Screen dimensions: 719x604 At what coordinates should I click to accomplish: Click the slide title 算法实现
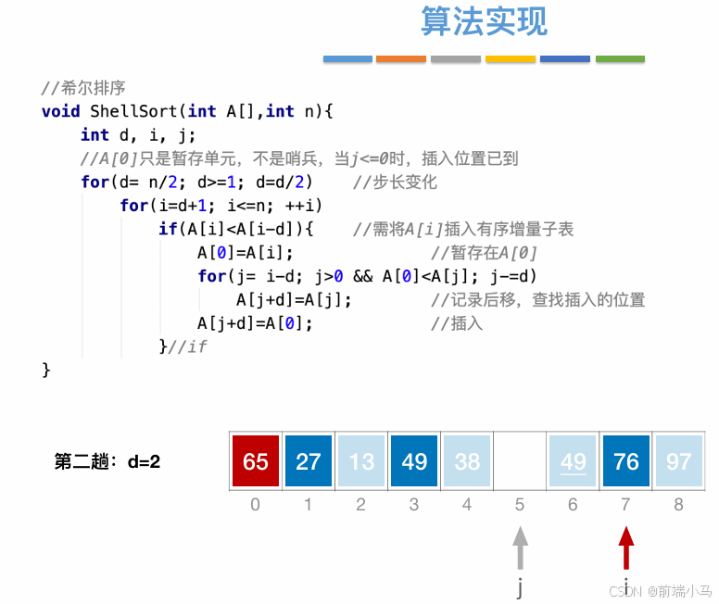coord(484,21)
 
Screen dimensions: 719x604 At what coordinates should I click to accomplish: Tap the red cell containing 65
coord(256,461)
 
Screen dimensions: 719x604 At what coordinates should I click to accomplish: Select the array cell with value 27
coord(309,461)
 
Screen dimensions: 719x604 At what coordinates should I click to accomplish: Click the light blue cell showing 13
coord(361,461)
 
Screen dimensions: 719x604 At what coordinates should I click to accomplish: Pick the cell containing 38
coord(467,461)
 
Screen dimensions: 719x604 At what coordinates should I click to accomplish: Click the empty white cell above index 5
coord(520,461)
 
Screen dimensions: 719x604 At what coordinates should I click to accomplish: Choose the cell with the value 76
coord(626,461)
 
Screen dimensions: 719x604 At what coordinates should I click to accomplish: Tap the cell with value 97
coord(679,461)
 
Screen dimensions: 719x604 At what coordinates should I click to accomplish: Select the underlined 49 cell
coord(574,461)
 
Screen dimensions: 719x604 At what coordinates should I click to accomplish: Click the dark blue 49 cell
coord(414,461)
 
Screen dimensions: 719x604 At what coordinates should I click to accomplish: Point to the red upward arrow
coord(627,547)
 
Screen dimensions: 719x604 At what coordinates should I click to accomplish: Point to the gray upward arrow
coord(521,547)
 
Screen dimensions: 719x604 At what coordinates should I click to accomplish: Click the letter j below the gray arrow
coord(521,587)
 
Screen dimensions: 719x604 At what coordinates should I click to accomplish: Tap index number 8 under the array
coord(679,505)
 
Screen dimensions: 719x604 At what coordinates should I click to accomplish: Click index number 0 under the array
coord(256,505)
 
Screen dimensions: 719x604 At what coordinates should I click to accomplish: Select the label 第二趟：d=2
coord(107,461)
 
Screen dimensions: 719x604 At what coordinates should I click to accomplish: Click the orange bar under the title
coord(400,59)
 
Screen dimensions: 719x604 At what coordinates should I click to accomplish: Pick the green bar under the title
coord(620,59)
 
